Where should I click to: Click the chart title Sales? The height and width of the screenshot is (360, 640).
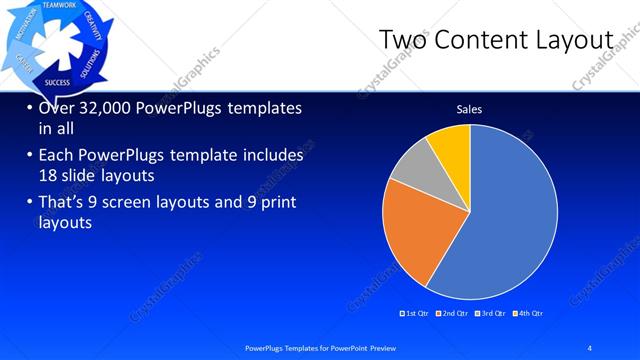pos(470,108)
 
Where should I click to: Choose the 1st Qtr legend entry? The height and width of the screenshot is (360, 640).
pos(415,314)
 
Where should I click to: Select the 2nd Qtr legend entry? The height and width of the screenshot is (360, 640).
pos(455,314)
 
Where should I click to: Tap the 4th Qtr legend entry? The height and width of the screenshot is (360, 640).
pos(529,314)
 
